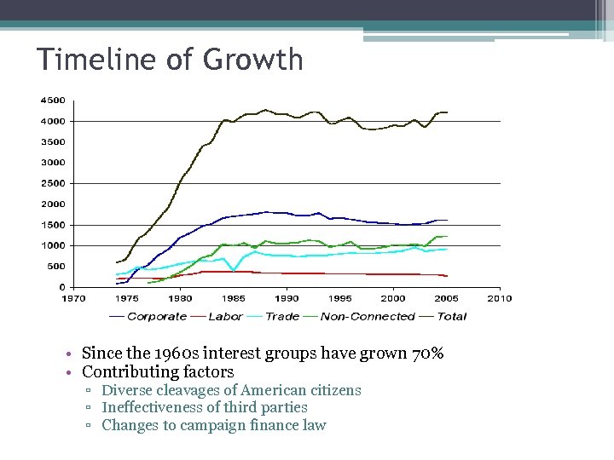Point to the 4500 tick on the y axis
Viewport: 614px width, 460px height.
point(53,100)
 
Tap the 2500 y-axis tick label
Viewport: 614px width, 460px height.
point(53,183)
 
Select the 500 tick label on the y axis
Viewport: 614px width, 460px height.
point(55,267)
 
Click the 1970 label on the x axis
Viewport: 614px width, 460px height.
point(73,298)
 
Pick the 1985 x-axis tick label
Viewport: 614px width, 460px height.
point(234,298)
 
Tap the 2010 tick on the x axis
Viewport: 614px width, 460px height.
point(500,298)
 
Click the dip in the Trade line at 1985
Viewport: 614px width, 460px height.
point(233,270)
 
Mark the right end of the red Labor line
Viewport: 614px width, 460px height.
point(447,276)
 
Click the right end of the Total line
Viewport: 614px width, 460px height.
point(447,112)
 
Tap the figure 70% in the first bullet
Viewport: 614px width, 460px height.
point(426,354)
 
